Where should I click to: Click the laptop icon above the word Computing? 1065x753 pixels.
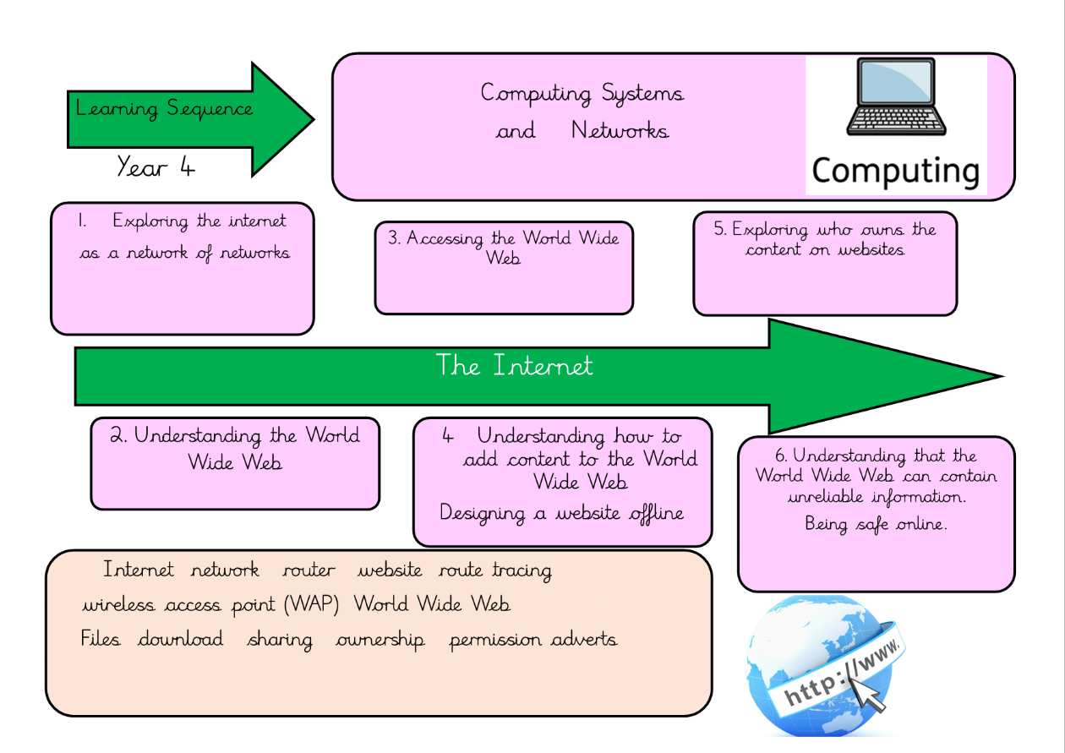tap(896, 97)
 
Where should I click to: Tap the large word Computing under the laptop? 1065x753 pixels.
tap(896, 171)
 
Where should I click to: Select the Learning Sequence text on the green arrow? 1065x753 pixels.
tap(164, 109)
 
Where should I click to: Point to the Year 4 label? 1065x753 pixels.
tap(156, 166)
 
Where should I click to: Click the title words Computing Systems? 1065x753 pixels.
tap(582, 93)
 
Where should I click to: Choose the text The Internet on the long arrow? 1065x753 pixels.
tap(514, 366)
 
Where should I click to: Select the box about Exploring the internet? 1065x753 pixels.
tap(183, 268)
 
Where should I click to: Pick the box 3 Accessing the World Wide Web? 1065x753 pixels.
tap(504, 268)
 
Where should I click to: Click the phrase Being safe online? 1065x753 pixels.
tap(876, 524)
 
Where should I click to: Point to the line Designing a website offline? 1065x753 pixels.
tap(561, 514)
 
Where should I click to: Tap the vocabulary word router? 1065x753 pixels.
tap(309, 571)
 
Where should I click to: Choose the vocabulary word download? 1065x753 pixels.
tap(181, 639)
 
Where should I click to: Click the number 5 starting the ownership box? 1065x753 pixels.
tap(719, 230)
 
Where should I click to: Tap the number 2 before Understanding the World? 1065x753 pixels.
tap(118, 436)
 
